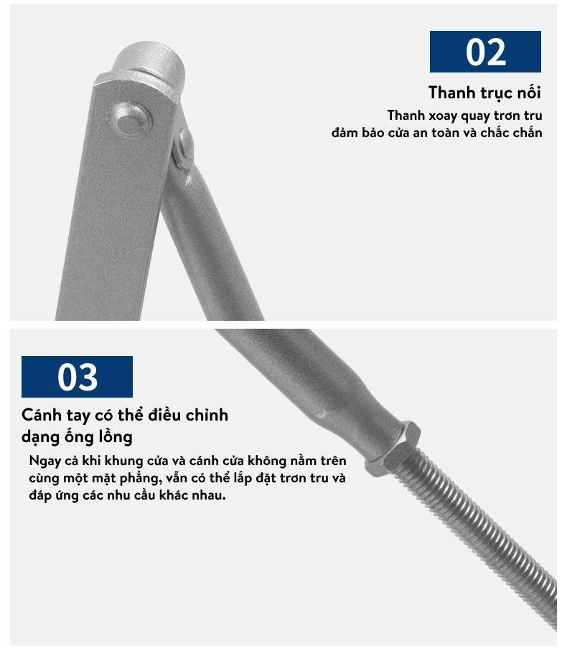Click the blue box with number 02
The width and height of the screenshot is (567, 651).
click(485, 52)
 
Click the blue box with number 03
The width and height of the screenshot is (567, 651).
click(78, 377)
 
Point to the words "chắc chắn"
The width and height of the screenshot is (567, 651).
click(512, 133)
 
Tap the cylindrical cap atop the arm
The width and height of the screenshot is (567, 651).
click(149, 62)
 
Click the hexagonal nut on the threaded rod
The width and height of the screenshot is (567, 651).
click(393, 448)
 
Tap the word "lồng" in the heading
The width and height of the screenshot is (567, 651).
click(116, 437)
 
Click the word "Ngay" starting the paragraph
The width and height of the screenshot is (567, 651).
click(45, 462)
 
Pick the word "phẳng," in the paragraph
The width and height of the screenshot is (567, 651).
click(141, 478)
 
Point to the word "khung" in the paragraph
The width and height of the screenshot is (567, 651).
click(123, 462)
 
